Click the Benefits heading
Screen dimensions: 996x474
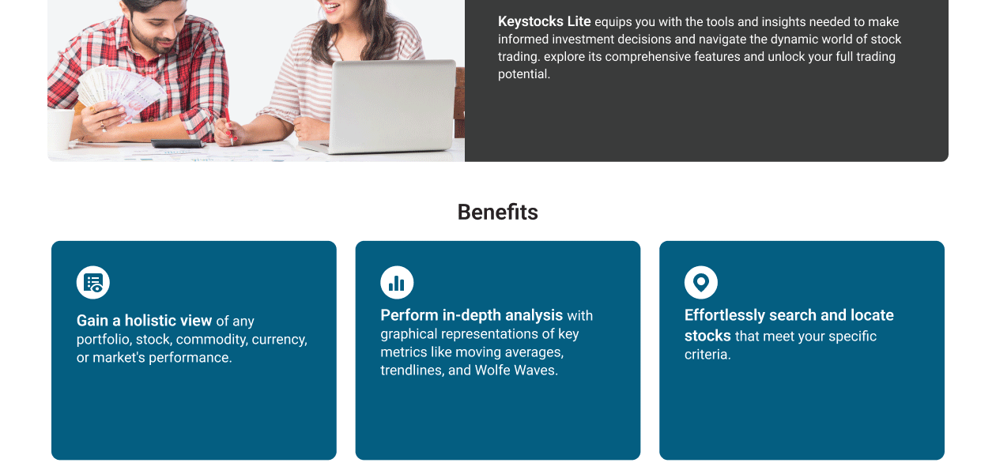tap(497, 212)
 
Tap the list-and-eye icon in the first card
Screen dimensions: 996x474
tap(93, 283)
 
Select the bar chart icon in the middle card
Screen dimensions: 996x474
tap(397, 283)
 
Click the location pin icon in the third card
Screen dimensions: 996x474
tap(700, 283)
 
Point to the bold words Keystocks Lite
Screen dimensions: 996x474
tap(544, 21)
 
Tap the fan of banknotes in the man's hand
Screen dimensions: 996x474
tap(120, 92)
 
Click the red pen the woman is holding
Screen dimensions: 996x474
tap(228, 126)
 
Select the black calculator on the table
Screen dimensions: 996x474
tap(177, 144)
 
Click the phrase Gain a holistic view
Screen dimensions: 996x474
tap(144, 320)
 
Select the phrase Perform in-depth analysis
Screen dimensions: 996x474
tap(471, 315)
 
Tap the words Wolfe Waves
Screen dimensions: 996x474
tap(515, 370)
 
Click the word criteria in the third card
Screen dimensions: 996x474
tap(707, 355)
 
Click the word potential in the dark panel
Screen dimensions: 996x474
tap(524, 74)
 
